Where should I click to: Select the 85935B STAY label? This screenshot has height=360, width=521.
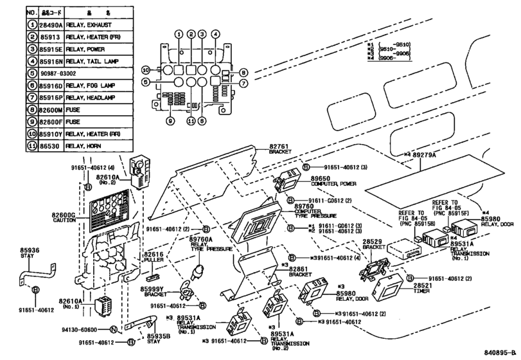(158, 339)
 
